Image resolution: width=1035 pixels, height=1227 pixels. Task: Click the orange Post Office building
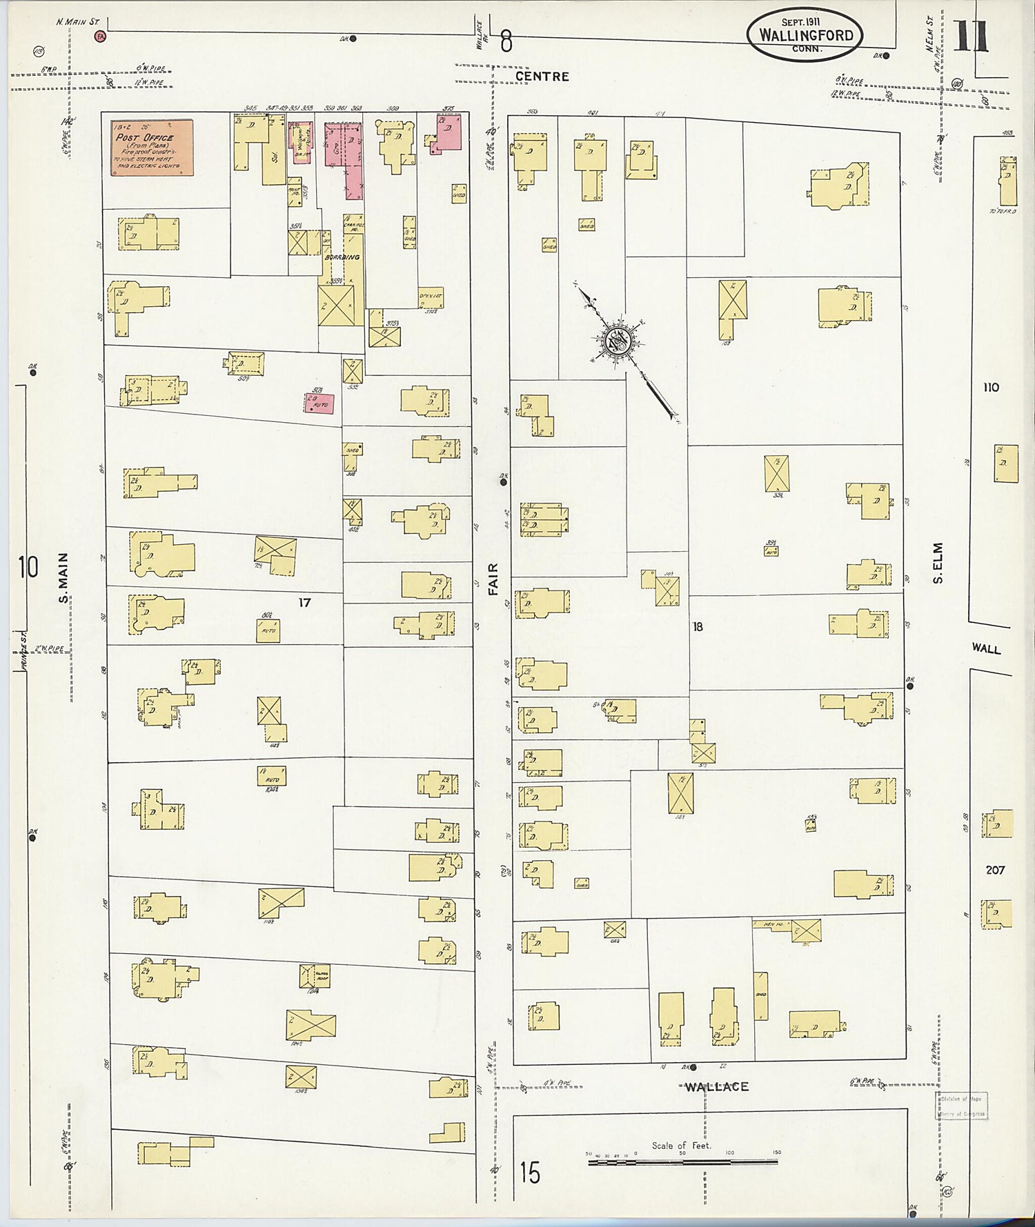pos(152,148)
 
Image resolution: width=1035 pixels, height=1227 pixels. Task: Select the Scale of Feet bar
pos(682,1162)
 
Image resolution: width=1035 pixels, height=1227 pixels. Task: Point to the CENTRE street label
pos(542,77)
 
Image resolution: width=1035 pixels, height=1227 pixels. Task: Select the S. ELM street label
pos(938,563)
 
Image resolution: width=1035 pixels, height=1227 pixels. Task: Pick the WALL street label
pos(986,648)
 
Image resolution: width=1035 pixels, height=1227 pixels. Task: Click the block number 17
pos(304,602)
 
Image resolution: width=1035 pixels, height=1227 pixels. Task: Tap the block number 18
pos(698,626)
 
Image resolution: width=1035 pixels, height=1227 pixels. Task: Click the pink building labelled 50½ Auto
pos(319,403)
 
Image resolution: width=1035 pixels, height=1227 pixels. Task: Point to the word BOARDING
pos(342,257)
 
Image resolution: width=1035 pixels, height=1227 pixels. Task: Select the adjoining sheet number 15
pos(530,1173)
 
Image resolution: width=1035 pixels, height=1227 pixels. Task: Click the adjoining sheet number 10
pos(28,568)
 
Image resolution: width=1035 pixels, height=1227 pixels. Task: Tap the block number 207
pos(995,870)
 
